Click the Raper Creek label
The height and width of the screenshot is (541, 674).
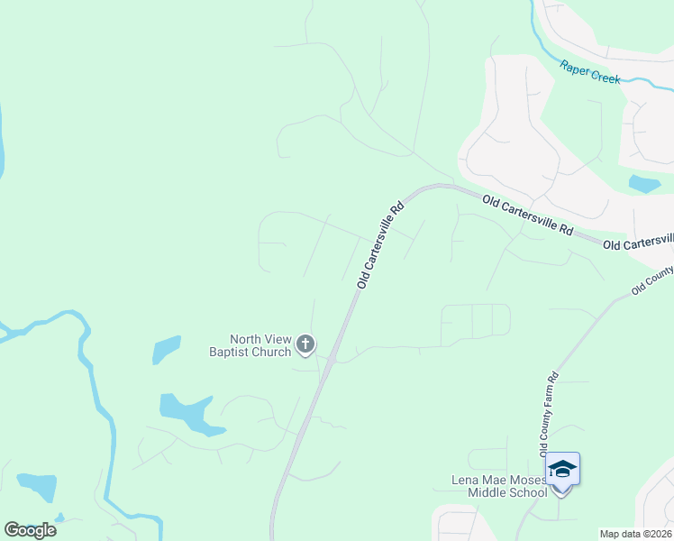point(590,72)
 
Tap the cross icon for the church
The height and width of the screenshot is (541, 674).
point(305,344)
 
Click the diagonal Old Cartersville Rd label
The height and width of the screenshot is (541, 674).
point(379,245)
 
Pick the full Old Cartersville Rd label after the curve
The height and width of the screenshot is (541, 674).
point(527,215)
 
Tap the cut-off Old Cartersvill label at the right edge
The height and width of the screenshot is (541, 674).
point(638,242)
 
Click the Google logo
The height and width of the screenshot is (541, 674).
point(30,529)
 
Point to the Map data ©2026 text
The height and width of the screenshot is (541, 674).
point(634,534)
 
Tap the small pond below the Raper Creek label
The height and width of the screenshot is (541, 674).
point(643,184)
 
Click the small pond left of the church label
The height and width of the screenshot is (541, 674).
point(166,349)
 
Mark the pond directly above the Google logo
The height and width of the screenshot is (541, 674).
point(37,487)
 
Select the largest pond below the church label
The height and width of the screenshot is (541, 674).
point(187,412)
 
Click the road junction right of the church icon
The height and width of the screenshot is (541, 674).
point(332,360)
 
